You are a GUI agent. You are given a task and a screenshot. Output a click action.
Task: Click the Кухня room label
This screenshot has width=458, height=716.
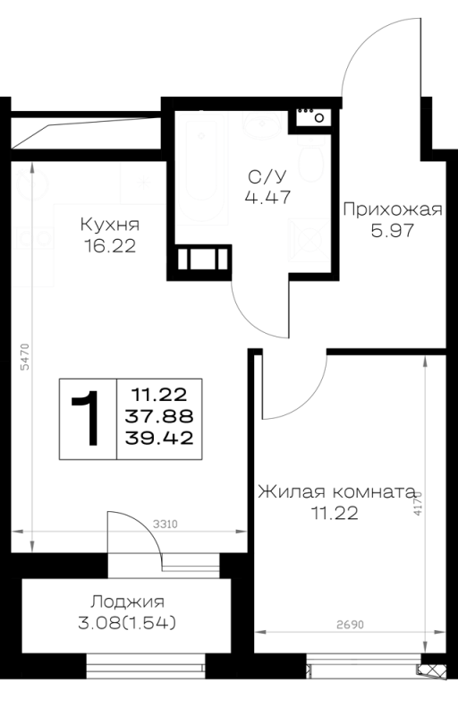pyautogui.click(x=110, y=225)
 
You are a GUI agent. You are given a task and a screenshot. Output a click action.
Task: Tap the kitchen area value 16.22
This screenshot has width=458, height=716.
pyautogui.click(x=110, y=246)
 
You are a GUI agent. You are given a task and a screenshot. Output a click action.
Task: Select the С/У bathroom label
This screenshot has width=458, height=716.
pyautogui.click(x=267, y=176)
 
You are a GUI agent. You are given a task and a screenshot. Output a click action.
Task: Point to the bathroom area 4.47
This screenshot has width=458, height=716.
pyautogui.click(x=267, y=197)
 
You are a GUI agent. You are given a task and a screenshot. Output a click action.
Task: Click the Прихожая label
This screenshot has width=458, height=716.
pyautogui.click(x=393, y=209)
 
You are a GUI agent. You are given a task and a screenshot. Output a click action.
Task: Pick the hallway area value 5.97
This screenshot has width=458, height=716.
pyautogui.click(x=393, y=231)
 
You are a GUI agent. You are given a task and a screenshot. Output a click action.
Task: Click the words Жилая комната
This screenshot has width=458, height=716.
pyautogui.click(x=336, y=492)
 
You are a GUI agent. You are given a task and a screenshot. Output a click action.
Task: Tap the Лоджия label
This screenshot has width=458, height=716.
pyautogui.click(x=127, y=601)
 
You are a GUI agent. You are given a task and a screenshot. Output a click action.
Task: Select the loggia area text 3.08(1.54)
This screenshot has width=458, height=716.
pyautogui.click(x=127, y=623)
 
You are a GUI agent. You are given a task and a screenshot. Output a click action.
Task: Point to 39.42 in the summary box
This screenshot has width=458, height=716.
pyautogui.click(x=159, y=439)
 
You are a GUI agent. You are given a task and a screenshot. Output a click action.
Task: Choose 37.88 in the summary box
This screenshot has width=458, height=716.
pyautogui.click(x=159, y=416)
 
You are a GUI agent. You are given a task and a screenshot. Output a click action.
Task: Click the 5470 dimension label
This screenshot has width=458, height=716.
pyautogui.click(x=25, y=356)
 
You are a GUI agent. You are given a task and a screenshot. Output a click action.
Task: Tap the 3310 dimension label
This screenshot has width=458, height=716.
pyautogui.click(x=165, y=524)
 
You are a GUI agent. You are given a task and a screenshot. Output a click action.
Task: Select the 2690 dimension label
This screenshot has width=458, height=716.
pyautogui.click(x=351, y=624)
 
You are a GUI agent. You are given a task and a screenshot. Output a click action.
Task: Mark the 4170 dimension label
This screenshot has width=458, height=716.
pyautogui.click(x=418, y=503)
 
